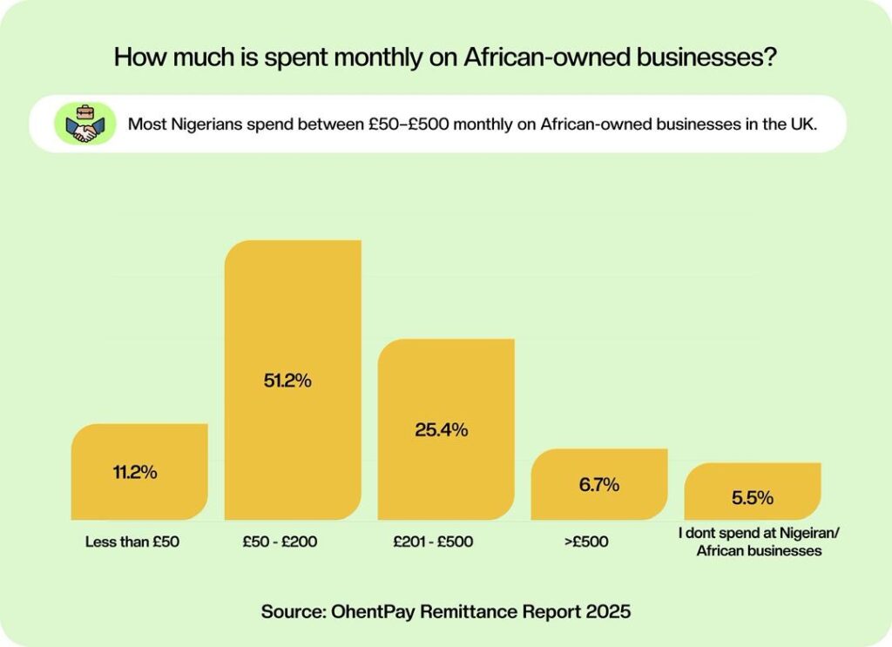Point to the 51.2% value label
[293, 381]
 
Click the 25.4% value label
[446, 429]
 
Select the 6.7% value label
[599, 484]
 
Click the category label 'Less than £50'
[132, 542]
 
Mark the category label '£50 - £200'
[280, 542]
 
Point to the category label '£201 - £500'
[433, 542]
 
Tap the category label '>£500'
[586, 542]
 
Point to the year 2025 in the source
[608, 611]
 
